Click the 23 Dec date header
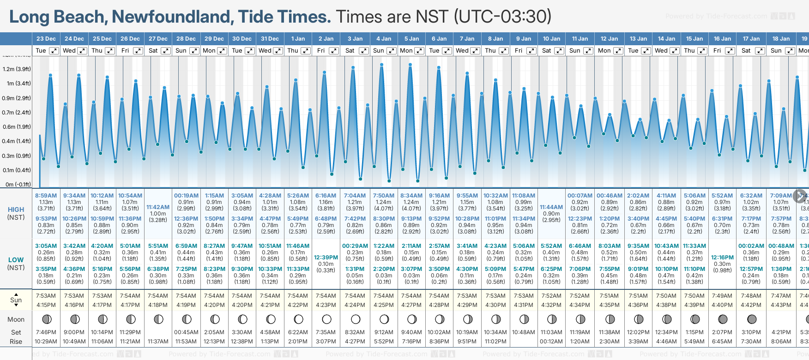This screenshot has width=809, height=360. click(46, 39)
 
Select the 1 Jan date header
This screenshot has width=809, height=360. click(298, 39)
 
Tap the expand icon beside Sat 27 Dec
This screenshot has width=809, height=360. click(166, 51)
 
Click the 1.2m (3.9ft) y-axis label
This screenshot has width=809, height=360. click(17, 69)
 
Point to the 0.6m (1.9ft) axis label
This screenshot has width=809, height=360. click(17, 127)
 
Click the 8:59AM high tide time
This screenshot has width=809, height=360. click(46, 196)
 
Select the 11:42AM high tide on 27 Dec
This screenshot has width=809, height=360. click(158, 208)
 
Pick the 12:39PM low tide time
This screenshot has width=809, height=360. click(326, 258)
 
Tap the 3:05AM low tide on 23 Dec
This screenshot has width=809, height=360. click(46, 246)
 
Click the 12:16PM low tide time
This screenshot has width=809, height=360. click(722, 258)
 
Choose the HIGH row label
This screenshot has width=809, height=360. click(16, 210)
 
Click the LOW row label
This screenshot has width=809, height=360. click(16, 260)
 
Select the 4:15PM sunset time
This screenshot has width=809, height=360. click(46, 305)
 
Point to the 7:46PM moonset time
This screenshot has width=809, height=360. click(46, 332)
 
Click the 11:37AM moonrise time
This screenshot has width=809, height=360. click(158, 342)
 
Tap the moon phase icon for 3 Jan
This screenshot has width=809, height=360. click(356, 319)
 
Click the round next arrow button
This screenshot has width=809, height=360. click(800, 196)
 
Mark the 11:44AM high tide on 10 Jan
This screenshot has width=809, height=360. click(551, 208)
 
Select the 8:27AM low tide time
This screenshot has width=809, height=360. click(214, 246)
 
